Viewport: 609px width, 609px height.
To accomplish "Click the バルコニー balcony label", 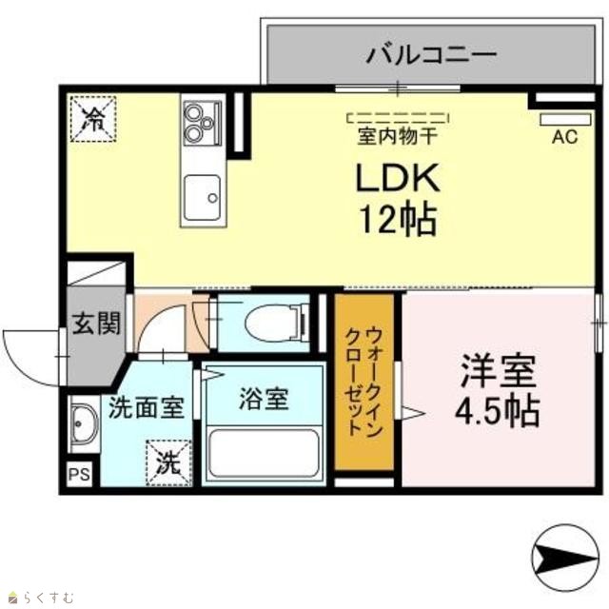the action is click(431, 54).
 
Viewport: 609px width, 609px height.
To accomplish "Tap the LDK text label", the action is click(398, 178).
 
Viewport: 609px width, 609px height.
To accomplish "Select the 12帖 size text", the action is click(399, 220).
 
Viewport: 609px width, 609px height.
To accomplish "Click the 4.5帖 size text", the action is click(498, 411).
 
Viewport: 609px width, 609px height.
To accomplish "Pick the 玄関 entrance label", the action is click(97, 323).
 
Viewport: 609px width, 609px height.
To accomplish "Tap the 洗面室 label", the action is click(147, 407).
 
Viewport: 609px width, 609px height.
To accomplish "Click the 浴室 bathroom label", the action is click(265, 399).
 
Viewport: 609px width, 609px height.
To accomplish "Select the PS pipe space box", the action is click(80, 474).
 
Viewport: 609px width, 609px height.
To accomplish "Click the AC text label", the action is click(565, 137).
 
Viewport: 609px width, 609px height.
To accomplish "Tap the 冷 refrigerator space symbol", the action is click(93, 118).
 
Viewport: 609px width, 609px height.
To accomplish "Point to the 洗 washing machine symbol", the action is click(168, 463).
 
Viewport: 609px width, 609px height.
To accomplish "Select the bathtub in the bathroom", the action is click(264, 453).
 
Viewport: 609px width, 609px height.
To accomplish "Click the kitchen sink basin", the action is click(203, 198).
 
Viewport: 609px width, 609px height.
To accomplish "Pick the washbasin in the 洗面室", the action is click(83, 423).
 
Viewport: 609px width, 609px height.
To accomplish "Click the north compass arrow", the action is click(565, 559).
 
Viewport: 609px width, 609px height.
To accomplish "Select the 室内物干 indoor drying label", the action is click(398, 137).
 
